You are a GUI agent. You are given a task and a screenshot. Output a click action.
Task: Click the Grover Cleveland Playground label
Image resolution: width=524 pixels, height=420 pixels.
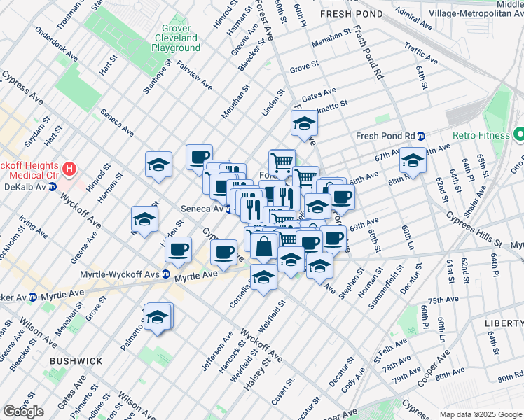click(x=176, y=37)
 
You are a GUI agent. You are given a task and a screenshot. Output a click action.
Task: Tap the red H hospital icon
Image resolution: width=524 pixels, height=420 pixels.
click(x=69, y=169)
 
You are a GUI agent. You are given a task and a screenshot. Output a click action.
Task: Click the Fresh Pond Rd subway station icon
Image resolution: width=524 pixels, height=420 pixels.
click(x=421, y=136)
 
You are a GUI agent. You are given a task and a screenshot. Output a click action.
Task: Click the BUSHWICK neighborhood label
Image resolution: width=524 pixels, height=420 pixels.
click(x=76, y=361)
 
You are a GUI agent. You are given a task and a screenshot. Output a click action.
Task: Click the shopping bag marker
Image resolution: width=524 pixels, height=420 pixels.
click(x=265, y=247)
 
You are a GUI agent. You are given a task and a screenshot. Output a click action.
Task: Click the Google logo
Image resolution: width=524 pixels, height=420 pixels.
click(x=23, y=412)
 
